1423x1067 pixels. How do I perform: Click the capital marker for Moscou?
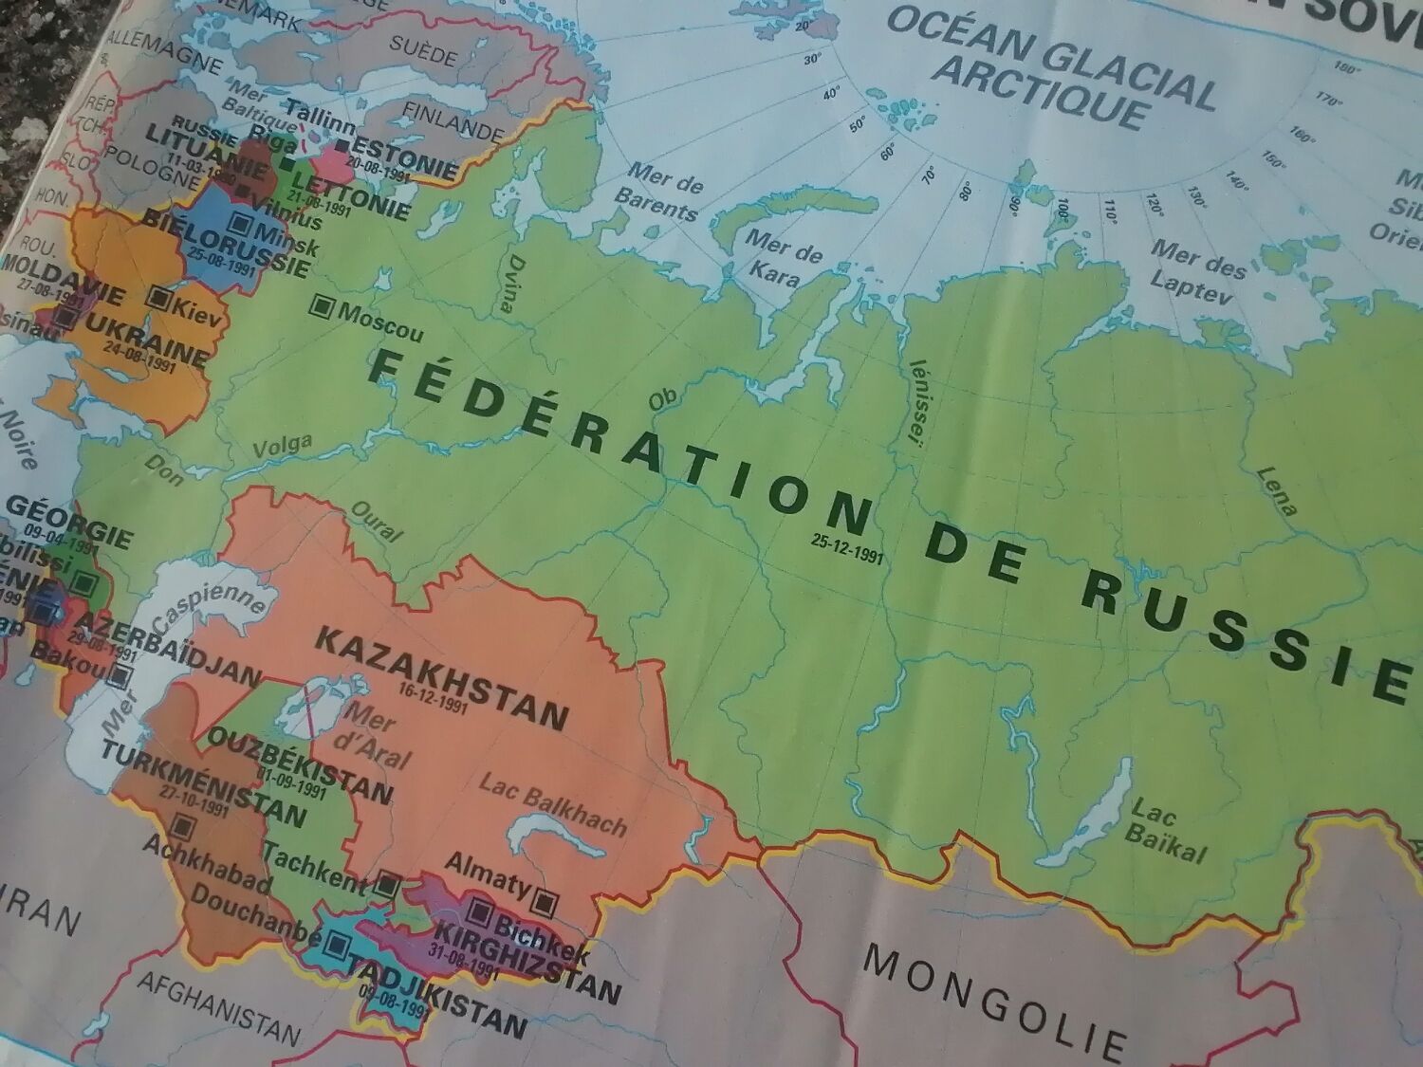[323, 305]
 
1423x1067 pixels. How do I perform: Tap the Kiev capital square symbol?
[159, 299]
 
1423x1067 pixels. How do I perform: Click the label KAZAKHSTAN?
[441, 676]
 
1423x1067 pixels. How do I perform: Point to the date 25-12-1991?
[847, 549]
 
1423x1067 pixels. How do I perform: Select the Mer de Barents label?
[660, 191]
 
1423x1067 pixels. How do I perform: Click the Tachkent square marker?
[386, 883]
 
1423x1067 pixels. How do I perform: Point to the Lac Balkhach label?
[553, 804]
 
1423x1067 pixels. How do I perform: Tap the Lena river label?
[1276, 490]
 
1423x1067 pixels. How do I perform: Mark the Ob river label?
[661, 400]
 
